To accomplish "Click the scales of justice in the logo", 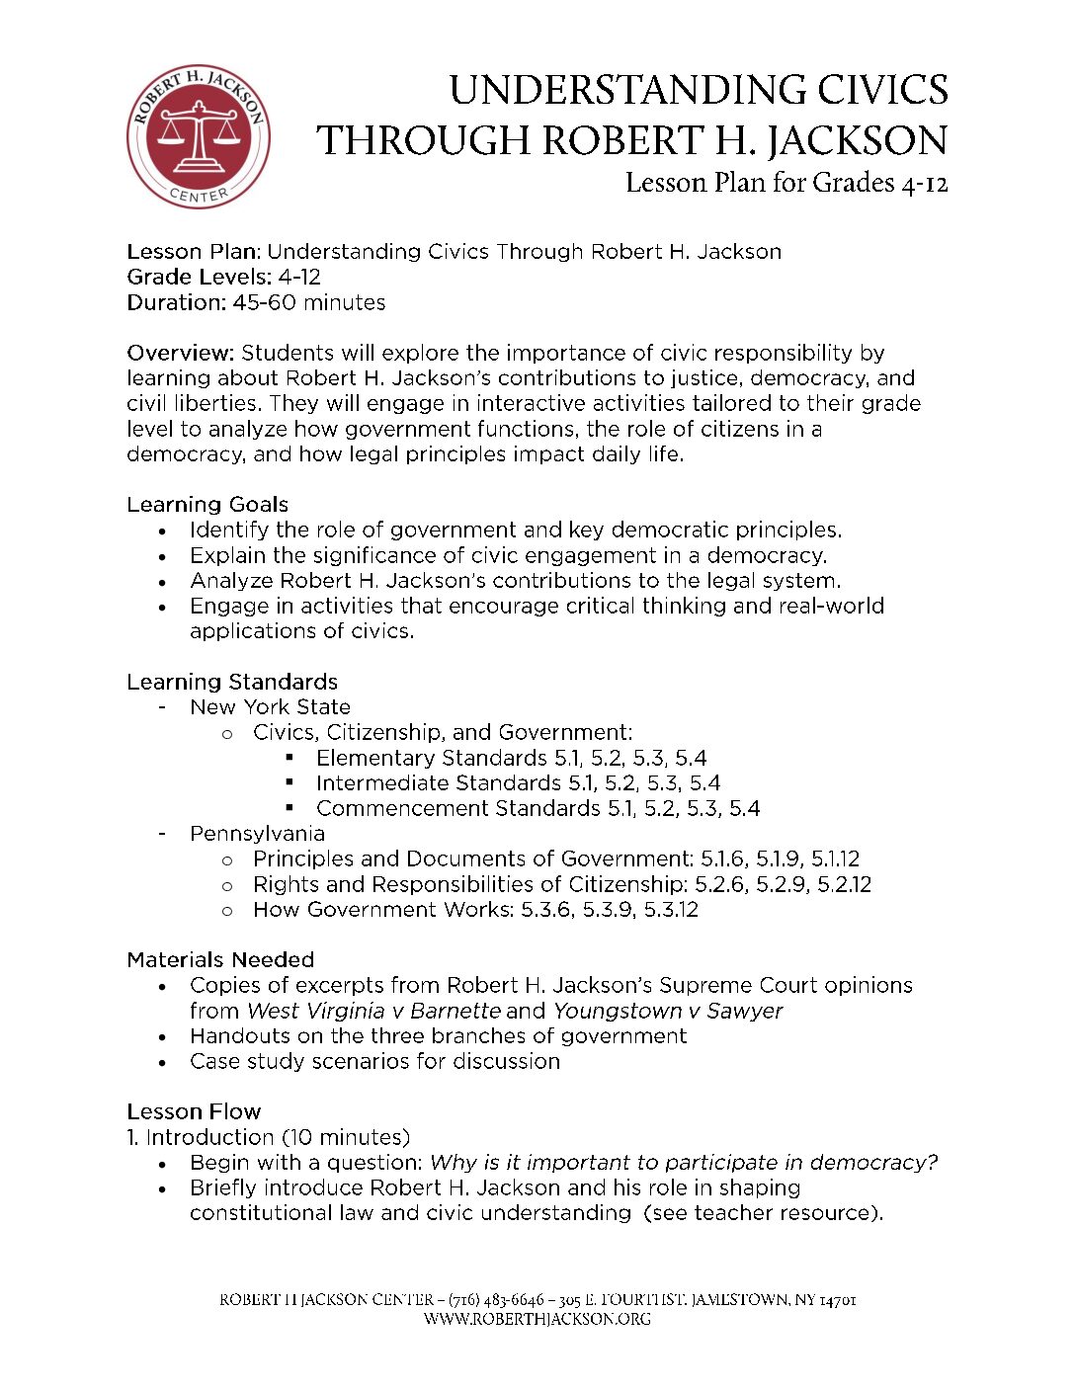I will (x=199, y=136).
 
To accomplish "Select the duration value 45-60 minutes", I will (x=309, y=302).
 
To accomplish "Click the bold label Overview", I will (x=180, y=353).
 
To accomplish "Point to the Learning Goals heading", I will (x=207, y=505).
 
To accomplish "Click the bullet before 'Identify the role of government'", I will (x=163, y=532).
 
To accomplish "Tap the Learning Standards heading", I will (x=232, y=682).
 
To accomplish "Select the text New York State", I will (x=270, y=707).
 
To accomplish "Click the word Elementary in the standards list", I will (x=375, y=758).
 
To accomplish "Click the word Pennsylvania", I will (x=257, y=834).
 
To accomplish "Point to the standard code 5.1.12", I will (x=835, y=859).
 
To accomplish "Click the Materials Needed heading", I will (x=220, y=960).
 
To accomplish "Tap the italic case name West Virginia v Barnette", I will (x=373, y=1011).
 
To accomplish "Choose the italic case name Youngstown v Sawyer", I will (x=667, y=1011).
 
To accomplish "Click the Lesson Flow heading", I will (x=194, y=1111).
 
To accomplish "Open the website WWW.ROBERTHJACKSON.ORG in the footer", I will (x=537, y=1319).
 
